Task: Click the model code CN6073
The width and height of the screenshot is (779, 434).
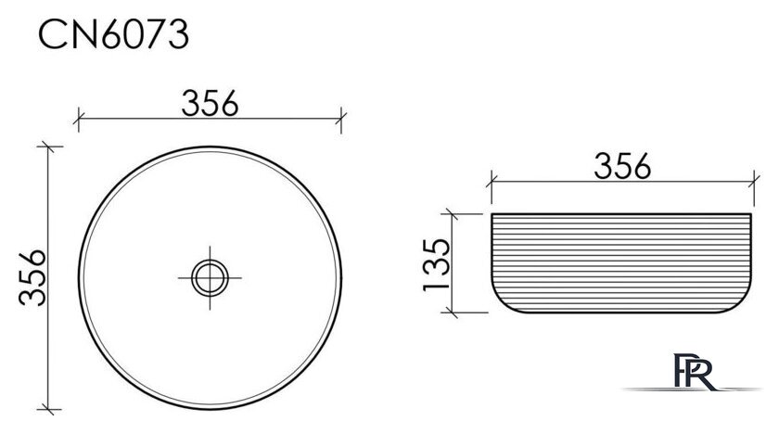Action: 114,34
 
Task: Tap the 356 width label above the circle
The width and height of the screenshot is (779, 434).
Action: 210,103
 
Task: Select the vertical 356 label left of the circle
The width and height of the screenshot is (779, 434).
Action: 32,277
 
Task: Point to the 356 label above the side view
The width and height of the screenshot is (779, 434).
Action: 622,166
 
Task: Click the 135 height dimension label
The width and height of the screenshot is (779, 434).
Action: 436,264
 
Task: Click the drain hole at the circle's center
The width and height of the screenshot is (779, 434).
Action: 210,278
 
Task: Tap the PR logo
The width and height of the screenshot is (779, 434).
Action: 695,371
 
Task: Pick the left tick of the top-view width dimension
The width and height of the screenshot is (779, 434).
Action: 79,120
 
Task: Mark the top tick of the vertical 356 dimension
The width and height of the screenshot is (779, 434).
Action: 47,147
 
